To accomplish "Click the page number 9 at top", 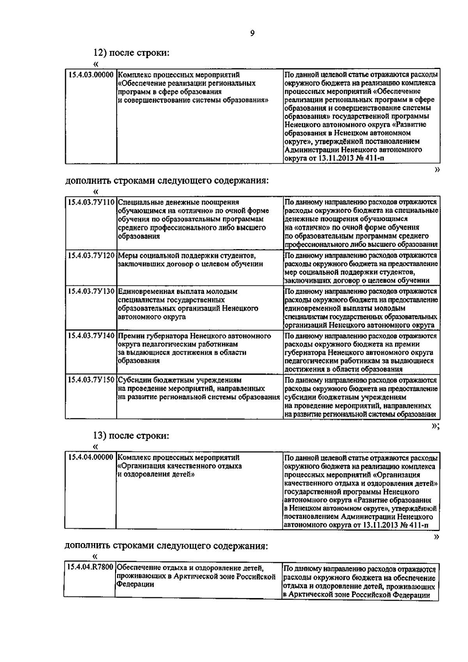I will coord(252,34).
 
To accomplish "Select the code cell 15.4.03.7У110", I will coord(91,202).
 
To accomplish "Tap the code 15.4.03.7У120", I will coord(91,256).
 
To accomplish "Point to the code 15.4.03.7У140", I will coord(91,336).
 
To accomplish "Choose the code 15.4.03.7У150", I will coord(91,380).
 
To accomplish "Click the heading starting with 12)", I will coord(131,53).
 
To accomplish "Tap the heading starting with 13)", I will coord(131,435).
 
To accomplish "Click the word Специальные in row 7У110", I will coord(139,202).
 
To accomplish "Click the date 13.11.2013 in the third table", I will coord(379,525).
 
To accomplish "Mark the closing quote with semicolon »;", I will coord(436,426).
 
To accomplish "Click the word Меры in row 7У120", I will coord(127,256).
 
